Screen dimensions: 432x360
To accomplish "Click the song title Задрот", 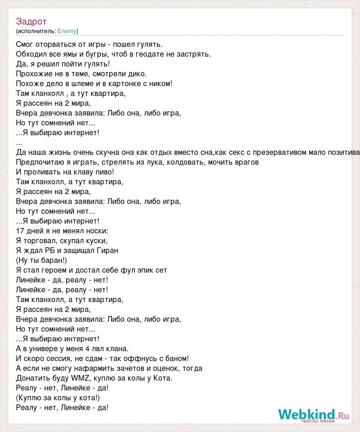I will [x=31, y=22].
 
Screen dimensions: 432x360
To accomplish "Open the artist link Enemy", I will [x=67, y=31].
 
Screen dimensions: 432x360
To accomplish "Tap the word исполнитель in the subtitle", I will [x=36, y=31].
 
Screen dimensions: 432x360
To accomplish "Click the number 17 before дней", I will [x=20, y=231].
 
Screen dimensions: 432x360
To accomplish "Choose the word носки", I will [x=98, y=231].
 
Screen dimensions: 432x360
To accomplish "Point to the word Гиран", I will [x=108, y=250].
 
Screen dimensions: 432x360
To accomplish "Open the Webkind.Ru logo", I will [x=313, y=415].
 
